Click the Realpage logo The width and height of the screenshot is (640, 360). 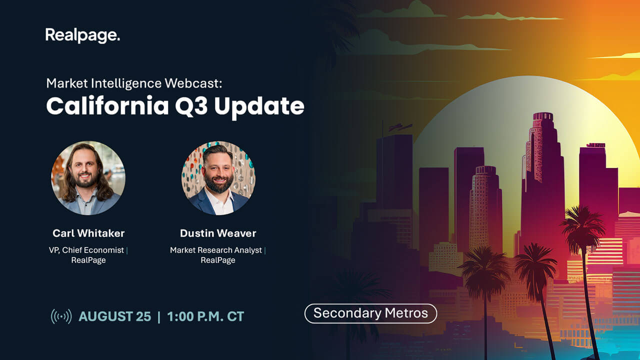pyautogui.click(x=82, y=35)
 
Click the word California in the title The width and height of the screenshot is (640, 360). pyautogui.click(x=107, y=106)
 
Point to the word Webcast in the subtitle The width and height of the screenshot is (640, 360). pyautogui.click(x=193, y=83)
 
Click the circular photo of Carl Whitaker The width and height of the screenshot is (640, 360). pyautogui.click(x=88, y=177)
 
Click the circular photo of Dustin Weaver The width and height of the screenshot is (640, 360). pyautogui.click(x=218, y=177)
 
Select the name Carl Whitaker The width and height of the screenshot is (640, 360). pyautogui.click(x=88, y=233)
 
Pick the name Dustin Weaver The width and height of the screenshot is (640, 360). pyautogui.click(x=218, y=233)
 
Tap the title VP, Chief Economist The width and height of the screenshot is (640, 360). pyautogui.click(x=86, y=250)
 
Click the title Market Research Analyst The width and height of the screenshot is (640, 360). pyautogui.click(x=215, y=250)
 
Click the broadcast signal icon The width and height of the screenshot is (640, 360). pyautogui.click(x=61, y=316)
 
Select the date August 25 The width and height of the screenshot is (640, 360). pyautogui.click(x=114, y=316)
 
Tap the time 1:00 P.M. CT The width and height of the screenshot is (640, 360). pyautogui.click(x=205, y=316)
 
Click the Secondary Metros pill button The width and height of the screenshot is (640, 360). pyautogui.click(x=371, y=313)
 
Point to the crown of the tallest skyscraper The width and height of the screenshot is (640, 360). pyautogui.click(x=543, y=116)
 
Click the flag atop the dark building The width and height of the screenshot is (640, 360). pyautogui.click(x=400, y=127)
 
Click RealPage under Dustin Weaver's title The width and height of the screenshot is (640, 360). pyautogui.click(x=218, y=260)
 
